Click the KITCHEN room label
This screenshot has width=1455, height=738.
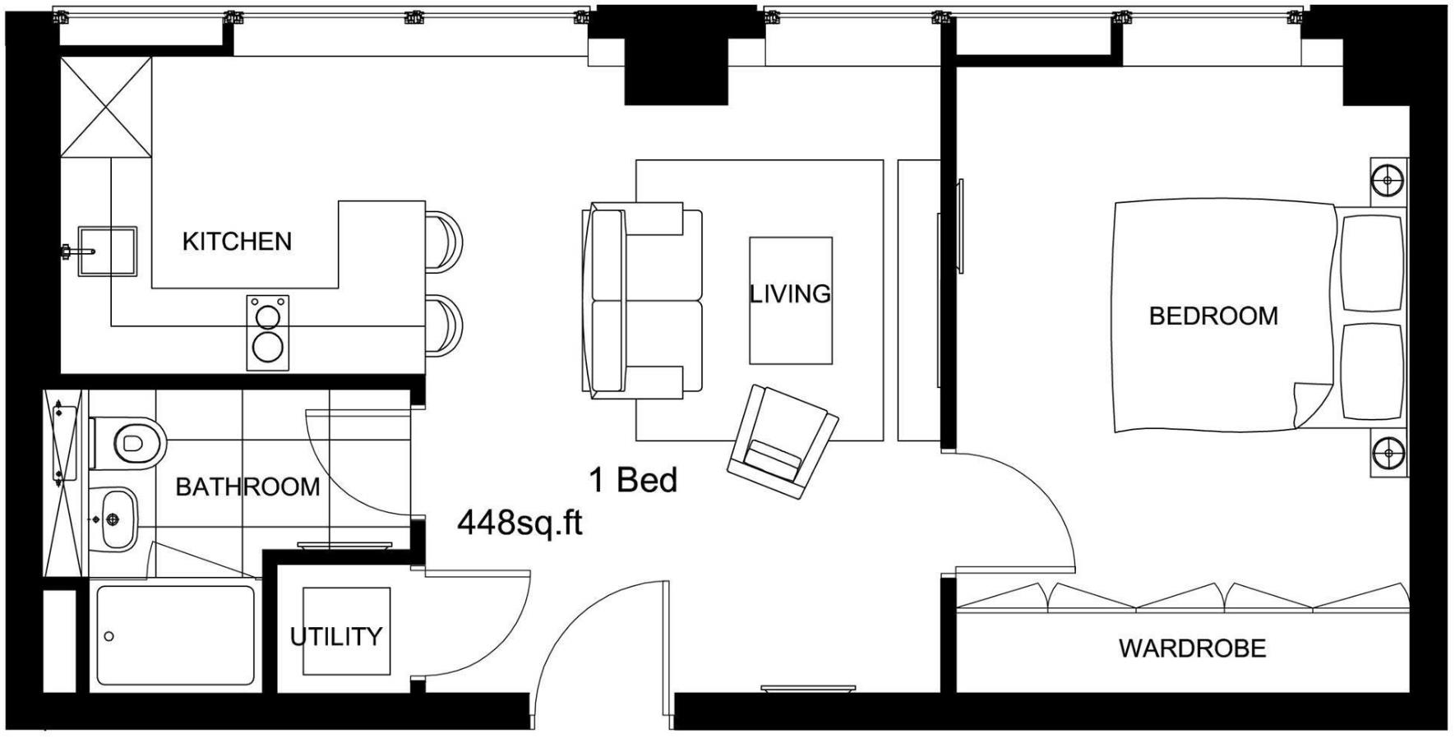click(x=237, y=242)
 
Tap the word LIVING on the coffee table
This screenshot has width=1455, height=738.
click(x=790, y=293)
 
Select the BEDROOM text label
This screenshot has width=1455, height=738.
click(x=1213, y=316)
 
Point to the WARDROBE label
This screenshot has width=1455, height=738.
click(x=1192, y=648)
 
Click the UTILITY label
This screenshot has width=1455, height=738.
click(x=336, y=636)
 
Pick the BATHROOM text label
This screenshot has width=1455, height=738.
click(x=247, y=487)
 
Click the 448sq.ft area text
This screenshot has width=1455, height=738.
click(x=520, y=523)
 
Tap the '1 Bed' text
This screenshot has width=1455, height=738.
click(x=633, y=480)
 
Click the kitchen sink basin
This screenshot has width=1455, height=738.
click(x=108, y=251)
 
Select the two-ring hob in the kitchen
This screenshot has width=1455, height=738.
click(x=268, y=332)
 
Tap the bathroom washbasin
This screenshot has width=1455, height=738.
click(x=117, y=519)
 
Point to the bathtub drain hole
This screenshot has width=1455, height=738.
click(x=109, y=636)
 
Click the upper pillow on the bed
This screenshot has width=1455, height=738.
click(x=1371, y=263)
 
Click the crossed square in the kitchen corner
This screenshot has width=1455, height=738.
click(x=107, y=106)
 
